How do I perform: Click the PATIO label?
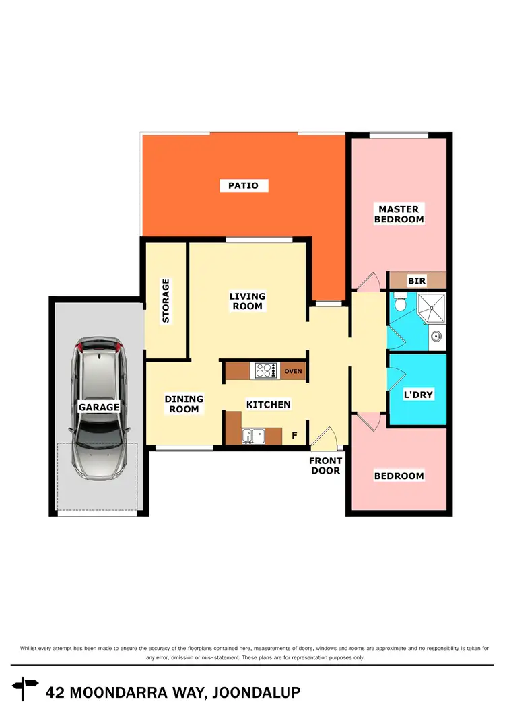point(243,185)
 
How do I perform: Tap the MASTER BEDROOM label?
point(399,214)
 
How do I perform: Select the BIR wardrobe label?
point(417,280)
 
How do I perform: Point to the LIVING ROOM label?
point(247,301)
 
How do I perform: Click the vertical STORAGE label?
point(166,300)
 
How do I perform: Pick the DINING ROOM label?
point(184,404)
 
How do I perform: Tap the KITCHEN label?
point(268,405)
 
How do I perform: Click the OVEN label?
point(293,371)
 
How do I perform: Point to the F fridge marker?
point(294,436)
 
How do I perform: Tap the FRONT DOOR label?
point(325,465)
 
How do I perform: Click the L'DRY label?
point(417,395)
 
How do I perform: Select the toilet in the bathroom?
point(400,303)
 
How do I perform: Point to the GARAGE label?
point(99,407)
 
